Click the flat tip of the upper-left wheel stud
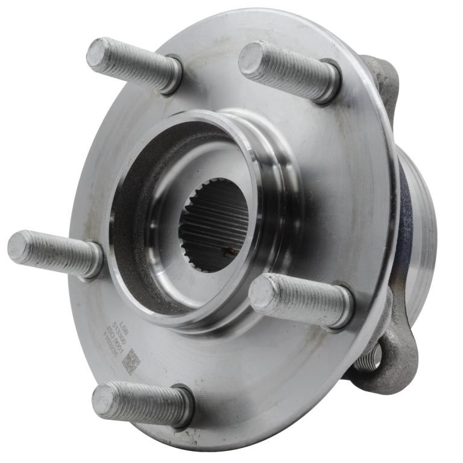(98, 51)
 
